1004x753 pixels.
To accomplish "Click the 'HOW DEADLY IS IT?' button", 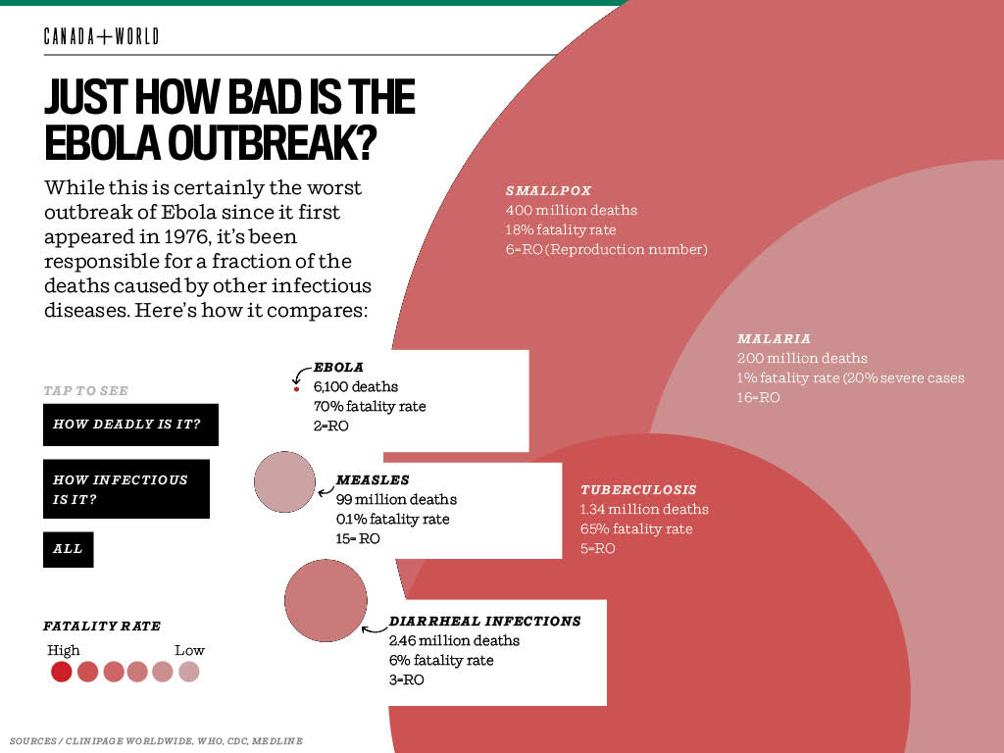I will click(130, 425).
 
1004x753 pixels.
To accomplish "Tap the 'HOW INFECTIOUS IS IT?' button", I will click(126, 489).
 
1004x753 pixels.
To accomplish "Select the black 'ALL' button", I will click(69, 549).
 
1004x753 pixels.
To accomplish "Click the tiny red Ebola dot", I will click(296, 389).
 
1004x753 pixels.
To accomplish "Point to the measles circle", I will click(285, 481).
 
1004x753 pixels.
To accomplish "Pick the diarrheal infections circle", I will click(326, 599).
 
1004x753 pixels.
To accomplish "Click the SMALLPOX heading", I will click(549, 191).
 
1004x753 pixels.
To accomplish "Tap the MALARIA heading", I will click(774, 339).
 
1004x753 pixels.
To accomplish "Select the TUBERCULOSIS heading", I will click(638, 489).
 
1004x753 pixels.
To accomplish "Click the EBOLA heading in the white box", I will click(338, 368).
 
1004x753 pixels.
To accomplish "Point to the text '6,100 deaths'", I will click(356, 386).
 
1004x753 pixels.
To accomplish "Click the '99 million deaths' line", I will click(396, 499).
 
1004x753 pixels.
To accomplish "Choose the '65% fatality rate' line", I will click(635, 528).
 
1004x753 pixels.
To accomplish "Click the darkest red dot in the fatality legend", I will click(62, 672).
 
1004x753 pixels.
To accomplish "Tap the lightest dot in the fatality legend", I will click(189, 672).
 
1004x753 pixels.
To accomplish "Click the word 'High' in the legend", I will click(64, 650).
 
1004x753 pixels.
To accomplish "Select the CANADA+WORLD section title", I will click(101, 37).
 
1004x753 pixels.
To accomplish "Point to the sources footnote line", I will click(156, 740).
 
